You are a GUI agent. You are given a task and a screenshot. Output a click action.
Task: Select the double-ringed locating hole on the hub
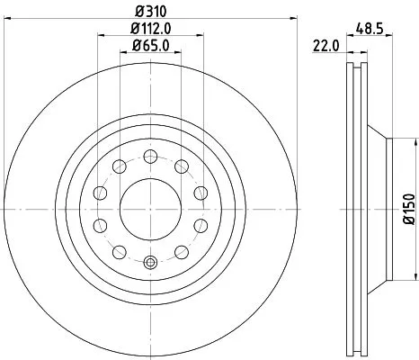(151, 264)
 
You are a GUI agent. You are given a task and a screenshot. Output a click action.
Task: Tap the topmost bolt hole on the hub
(151, 154)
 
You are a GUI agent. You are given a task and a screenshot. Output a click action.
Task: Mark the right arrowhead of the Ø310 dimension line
(292, 21)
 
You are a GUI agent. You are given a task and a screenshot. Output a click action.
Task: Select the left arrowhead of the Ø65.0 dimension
(124, 54)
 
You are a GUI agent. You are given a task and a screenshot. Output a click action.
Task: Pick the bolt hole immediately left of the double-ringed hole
(120, 251)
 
